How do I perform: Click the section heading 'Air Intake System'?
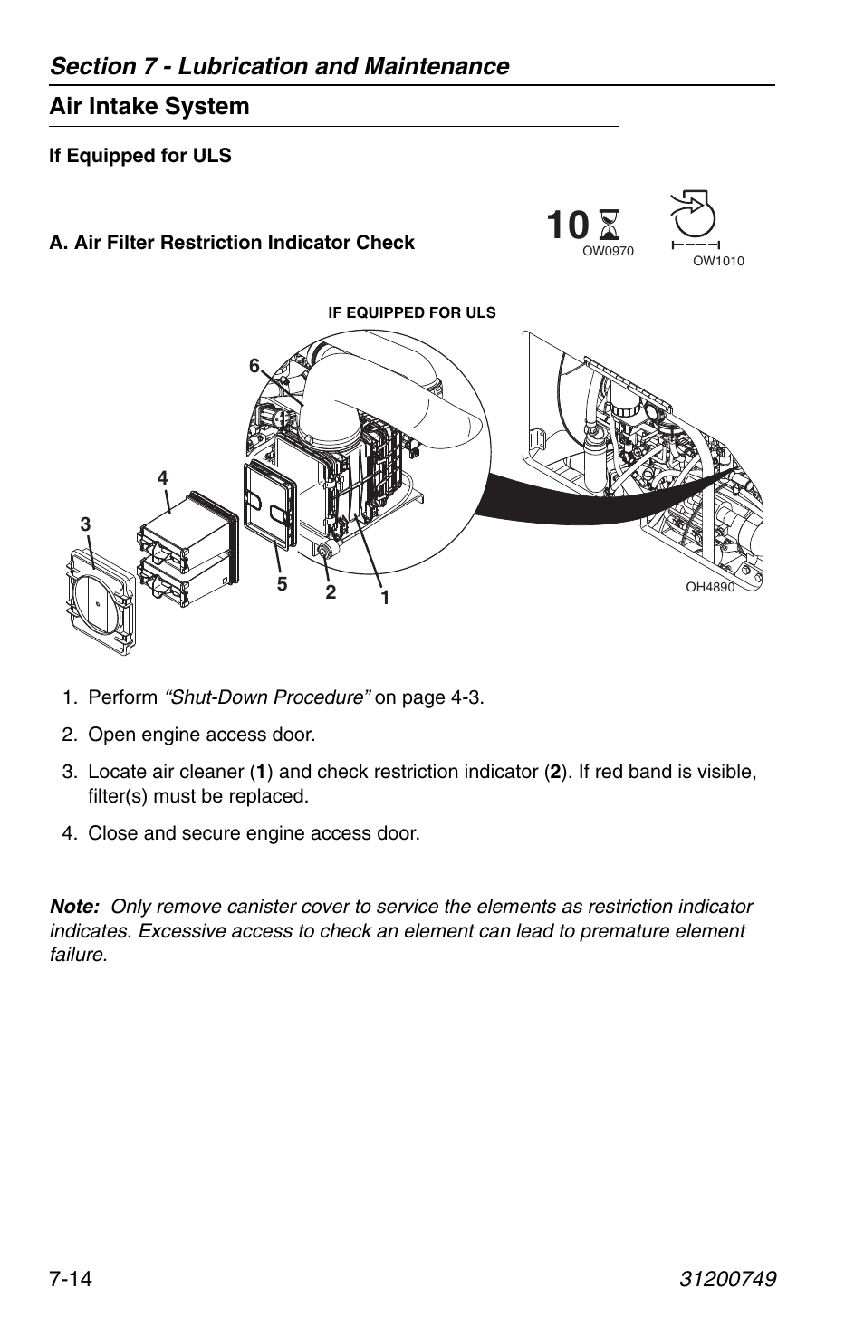point(149,107)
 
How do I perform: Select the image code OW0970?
point(607,252)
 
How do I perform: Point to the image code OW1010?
point(717,261)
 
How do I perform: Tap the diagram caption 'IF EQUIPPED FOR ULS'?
point(411,313)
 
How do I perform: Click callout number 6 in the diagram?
point(254,366)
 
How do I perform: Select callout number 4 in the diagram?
point(163,477)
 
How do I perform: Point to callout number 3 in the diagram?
point(85,524)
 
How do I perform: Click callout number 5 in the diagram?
point(282,585)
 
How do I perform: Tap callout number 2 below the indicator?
point(331,592)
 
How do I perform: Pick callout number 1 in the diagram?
point(385,598)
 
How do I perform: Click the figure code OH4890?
point(709,587)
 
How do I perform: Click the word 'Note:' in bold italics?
point(74,907)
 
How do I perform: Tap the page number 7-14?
point(73,1279)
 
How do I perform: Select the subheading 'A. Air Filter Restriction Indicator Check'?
point(232,243)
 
